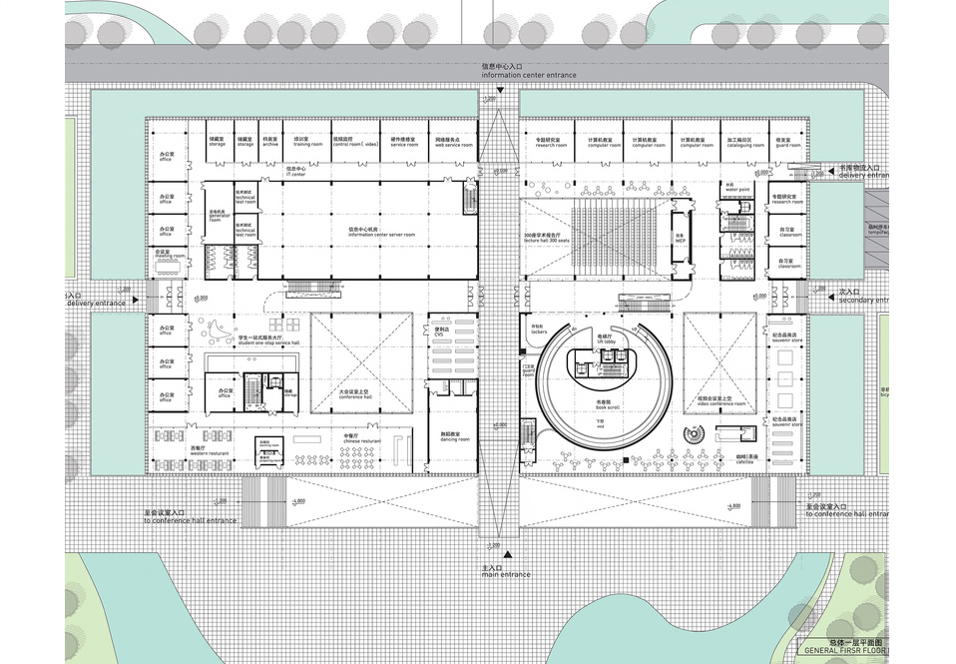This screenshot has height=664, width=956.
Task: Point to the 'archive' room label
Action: pos(270,143)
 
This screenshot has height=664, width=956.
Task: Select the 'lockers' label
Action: pos(538,330)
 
